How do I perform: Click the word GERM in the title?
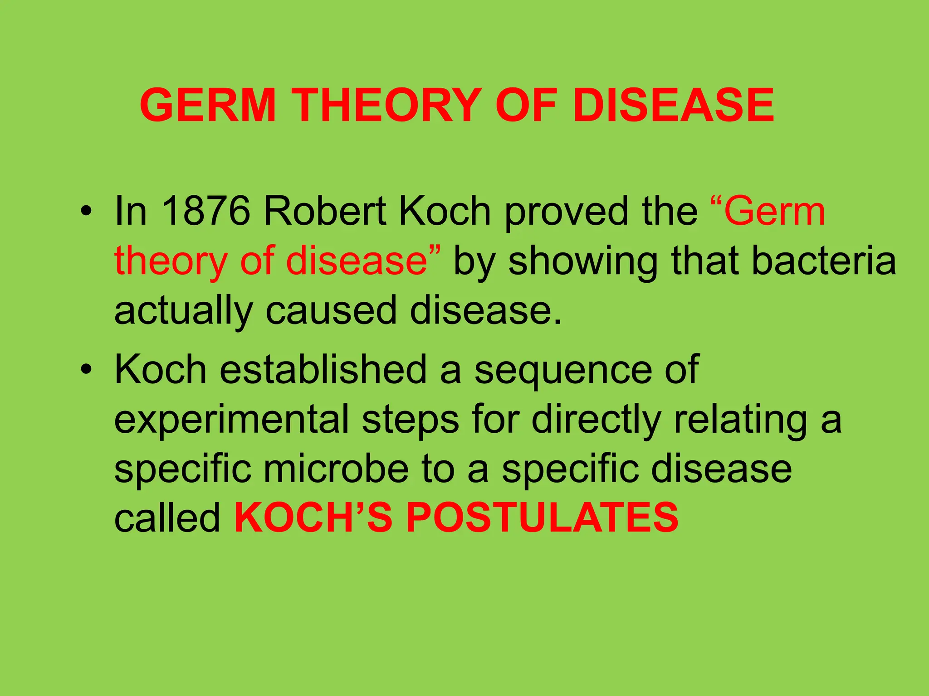(x=208, y=105)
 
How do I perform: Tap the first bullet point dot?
(x=86, y=212)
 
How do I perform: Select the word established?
(x=323, y=369)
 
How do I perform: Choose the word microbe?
(x=336, y=469)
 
